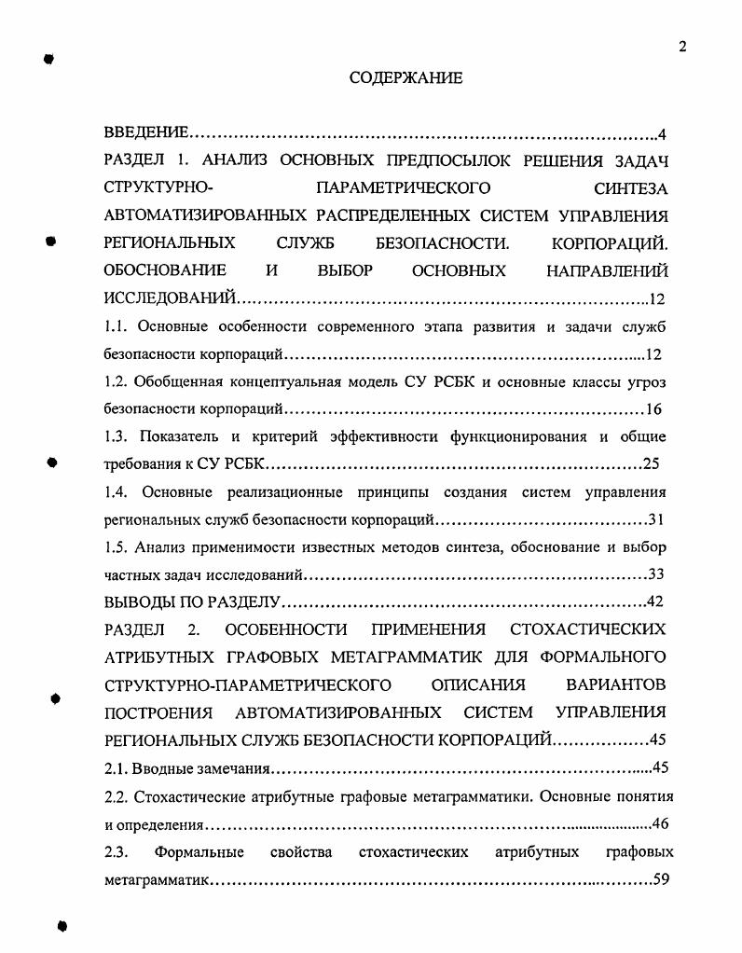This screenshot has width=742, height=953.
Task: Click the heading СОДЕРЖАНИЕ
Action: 405,78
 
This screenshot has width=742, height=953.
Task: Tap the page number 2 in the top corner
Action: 682,48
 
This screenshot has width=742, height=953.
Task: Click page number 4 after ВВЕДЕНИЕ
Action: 662,133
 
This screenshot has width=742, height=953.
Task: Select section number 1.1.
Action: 116,326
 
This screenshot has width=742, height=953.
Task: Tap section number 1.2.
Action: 116,381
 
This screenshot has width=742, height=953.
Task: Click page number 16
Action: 653,409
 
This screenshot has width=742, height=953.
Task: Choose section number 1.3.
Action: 116,436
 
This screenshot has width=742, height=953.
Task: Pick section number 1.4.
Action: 116,491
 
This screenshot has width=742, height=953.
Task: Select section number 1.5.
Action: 116,546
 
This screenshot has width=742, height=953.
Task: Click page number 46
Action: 660,824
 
